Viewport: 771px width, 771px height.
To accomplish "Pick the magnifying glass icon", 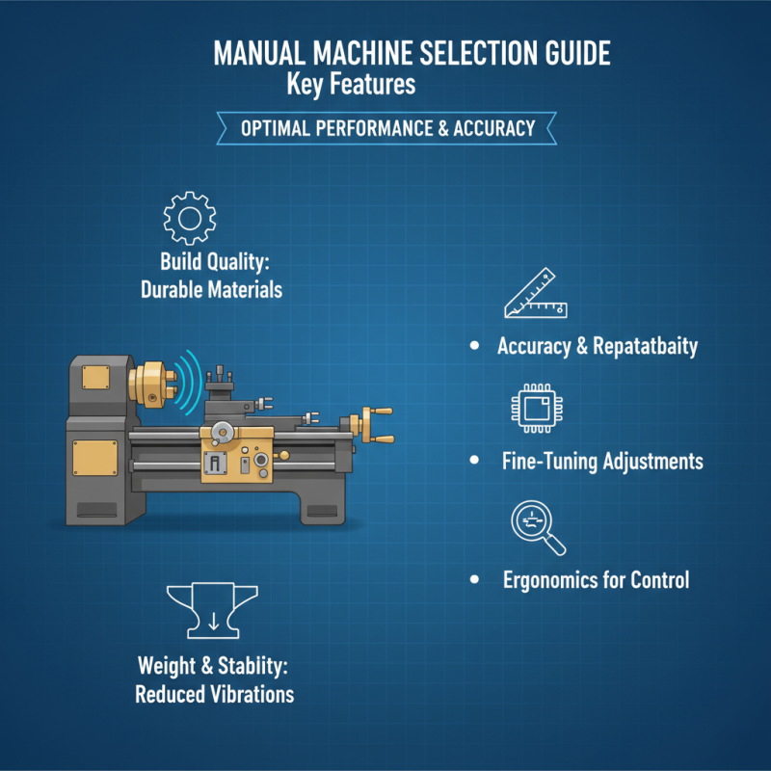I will pyautogui.click(x=536, y=527).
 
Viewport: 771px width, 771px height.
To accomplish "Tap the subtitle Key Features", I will pyautogui.click(x=351, y=85).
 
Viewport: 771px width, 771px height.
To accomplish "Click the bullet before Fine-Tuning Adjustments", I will pyautogui.click(x=473, y=462).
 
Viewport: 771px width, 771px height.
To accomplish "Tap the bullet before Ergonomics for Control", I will pyautogui.click(x=473, y=580).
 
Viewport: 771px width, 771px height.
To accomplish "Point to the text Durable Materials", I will pyautogui.click(x=212, y=288).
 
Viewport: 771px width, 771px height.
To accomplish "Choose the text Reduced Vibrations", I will pyautogui.click(x=215, y=693).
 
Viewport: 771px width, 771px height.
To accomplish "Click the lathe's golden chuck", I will pyautogui.click(x=154, y=382).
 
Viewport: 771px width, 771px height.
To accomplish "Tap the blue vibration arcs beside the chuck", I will pyautogui.click(x=189, y=383).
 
